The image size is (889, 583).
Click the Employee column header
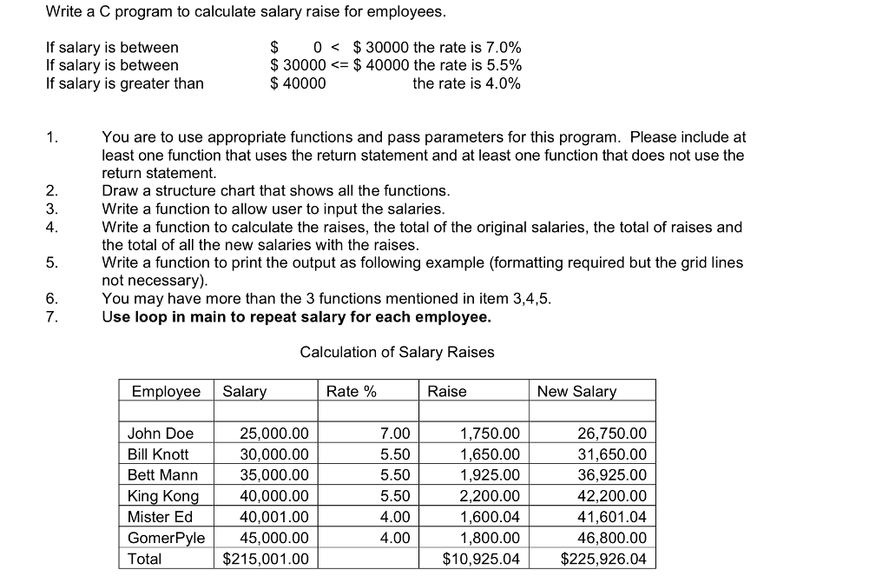pos(166,392)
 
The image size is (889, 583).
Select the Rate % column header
pos(351,392)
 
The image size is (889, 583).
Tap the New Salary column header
pos(576,392)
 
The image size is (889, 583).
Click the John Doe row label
pos(161,434)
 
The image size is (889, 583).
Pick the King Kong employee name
pos(163,496)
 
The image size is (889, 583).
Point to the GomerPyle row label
pos(166,538)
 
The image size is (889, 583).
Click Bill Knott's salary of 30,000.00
pos(273,454)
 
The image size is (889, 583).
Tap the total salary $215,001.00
pos(266,559)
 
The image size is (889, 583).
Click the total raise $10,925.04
pos(481,559)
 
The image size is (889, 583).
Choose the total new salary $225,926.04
pos(603,559)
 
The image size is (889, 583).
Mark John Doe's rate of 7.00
pos(395,434)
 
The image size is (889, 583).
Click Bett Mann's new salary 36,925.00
pos(612,475)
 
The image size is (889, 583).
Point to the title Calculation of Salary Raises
pos(397,352)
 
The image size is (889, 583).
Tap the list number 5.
pos(52,262)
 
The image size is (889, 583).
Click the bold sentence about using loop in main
pos(296,317)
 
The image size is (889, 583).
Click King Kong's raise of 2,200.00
pos(490,496)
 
